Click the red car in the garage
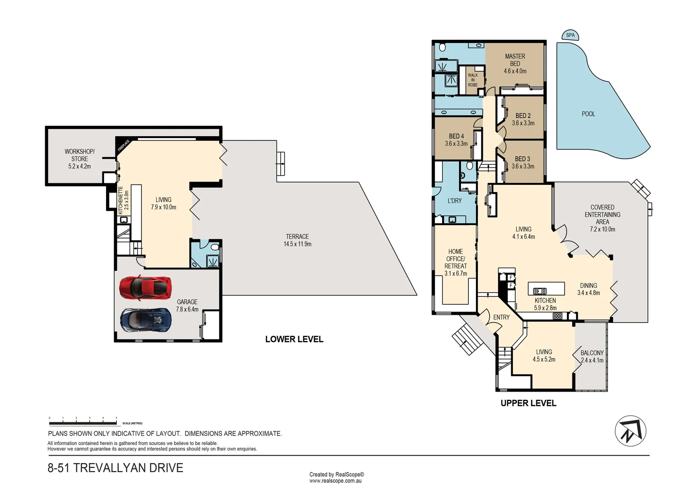pos(145,287)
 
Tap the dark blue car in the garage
pos(146,320)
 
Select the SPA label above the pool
pos(570,35)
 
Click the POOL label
pos(588,114)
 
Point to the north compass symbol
pos(630,431)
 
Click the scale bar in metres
pos(83,419)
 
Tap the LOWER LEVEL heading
pos(294,339)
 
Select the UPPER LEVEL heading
pos(529,403)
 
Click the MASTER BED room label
pos(515,60)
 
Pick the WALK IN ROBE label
pos(473,80)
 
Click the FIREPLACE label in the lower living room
pos(123,145)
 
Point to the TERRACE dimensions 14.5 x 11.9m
pos(297,244)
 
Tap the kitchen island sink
pos(539,290)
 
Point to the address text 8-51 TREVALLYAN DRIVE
pos(116,468)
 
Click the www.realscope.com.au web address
pos(335,481)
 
